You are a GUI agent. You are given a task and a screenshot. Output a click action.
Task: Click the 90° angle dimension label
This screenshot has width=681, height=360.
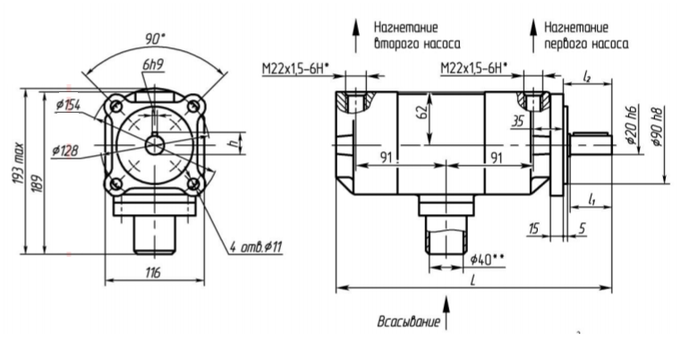pyautogui.click(x=155, y=39)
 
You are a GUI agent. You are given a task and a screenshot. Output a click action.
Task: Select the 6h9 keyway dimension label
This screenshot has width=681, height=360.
pyautogui.click(x=152, y=64)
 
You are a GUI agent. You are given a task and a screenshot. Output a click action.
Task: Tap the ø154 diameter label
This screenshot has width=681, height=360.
pyautogui.click(x=68, y=105)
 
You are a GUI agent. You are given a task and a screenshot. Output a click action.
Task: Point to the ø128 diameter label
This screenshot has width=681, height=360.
pyautogui.click(x=65, y=150)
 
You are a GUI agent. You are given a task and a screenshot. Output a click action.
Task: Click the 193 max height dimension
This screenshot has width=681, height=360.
pyautogui.click(x=18, y=162)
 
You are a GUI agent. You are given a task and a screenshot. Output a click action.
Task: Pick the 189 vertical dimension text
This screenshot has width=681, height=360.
pyautogui.click(x=38, y=184)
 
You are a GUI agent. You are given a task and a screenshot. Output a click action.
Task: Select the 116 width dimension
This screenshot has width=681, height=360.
pyautogui.click(x=153, y=272)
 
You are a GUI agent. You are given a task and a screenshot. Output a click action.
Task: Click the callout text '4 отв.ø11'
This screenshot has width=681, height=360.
pyautogui.click(x=255, y=247)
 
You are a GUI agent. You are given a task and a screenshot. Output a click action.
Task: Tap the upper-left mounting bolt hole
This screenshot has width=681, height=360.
pyautogui.click(x=115, y=106)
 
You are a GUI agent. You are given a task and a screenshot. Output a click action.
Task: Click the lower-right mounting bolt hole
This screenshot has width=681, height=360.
pyautogui.click(x=193, y=184)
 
